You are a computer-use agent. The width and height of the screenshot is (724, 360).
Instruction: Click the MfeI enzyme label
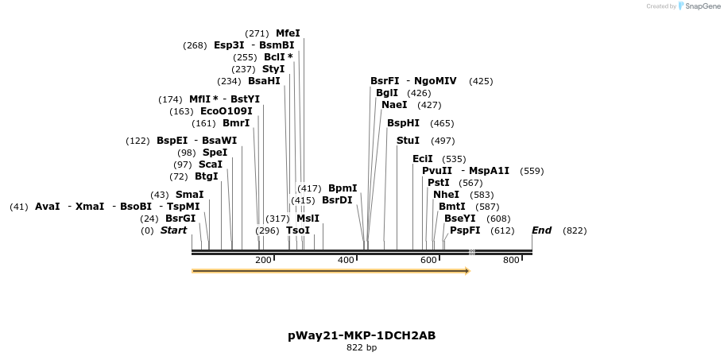tap(288, 33)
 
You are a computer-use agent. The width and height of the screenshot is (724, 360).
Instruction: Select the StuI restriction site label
tap(408, 141)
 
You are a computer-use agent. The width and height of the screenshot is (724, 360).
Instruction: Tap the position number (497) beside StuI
tap(443, 141)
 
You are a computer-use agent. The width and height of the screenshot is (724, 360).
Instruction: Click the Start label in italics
tap(173, 230)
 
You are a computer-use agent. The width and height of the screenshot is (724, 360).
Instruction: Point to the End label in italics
tap(541, 230)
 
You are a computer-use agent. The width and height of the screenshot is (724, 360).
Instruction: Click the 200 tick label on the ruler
tap(263, 261)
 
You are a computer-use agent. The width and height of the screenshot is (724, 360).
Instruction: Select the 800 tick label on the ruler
tap(511, 261)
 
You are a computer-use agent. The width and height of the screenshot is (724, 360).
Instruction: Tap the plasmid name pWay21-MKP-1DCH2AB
tap(362, 335)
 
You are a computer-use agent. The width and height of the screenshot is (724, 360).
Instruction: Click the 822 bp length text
tap(362, 348)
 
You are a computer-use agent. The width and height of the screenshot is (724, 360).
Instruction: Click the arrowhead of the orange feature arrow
tap(467, 271)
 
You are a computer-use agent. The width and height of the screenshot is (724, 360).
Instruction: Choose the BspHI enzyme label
tap(403, 123)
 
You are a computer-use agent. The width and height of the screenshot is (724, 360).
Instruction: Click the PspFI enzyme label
tap(465, 230)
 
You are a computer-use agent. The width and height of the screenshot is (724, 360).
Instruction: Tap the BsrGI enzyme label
tap(180, 219)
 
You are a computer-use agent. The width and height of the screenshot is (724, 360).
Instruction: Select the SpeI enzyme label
tap(215, 153)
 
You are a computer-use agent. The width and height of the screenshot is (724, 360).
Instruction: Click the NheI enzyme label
tap(446, 195)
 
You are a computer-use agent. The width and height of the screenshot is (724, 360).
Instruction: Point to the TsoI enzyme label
tap(298, 230)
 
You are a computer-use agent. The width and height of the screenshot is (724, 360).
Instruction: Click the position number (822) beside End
tap(575, 230)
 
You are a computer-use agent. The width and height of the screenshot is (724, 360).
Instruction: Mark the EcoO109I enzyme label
tap(226, 111)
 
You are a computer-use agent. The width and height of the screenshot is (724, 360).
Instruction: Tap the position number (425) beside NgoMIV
tap(481, 81)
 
